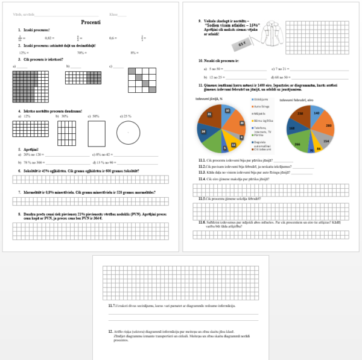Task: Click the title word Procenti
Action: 91,22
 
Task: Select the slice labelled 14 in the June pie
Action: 205,130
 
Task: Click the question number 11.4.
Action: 202,179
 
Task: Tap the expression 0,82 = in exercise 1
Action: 49,37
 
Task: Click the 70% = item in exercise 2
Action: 82,53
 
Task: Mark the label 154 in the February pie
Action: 326,141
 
